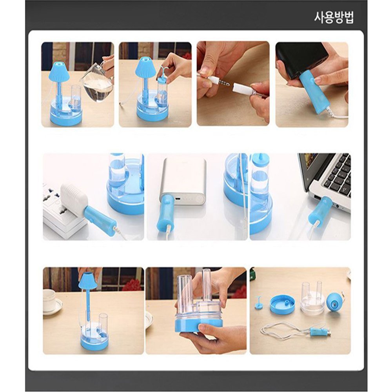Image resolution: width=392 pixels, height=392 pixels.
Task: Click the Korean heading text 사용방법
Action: [x=334, y=18]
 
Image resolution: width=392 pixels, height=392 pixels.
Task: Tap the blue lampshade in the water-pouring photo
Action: [x=59, y=71]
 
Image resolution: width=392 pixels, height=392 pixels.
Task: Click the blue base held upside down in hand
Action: [x=198, y=324]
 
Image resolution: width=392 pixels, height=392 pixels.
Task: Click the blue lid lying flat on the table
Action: [x=282, y=304]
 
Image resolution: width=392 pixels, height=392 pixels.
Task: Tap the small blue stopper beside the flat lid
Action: [x=259, y=303]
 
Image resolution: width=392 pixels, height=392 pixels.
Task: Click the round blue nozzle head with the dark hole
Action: [x=334, y=301]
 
